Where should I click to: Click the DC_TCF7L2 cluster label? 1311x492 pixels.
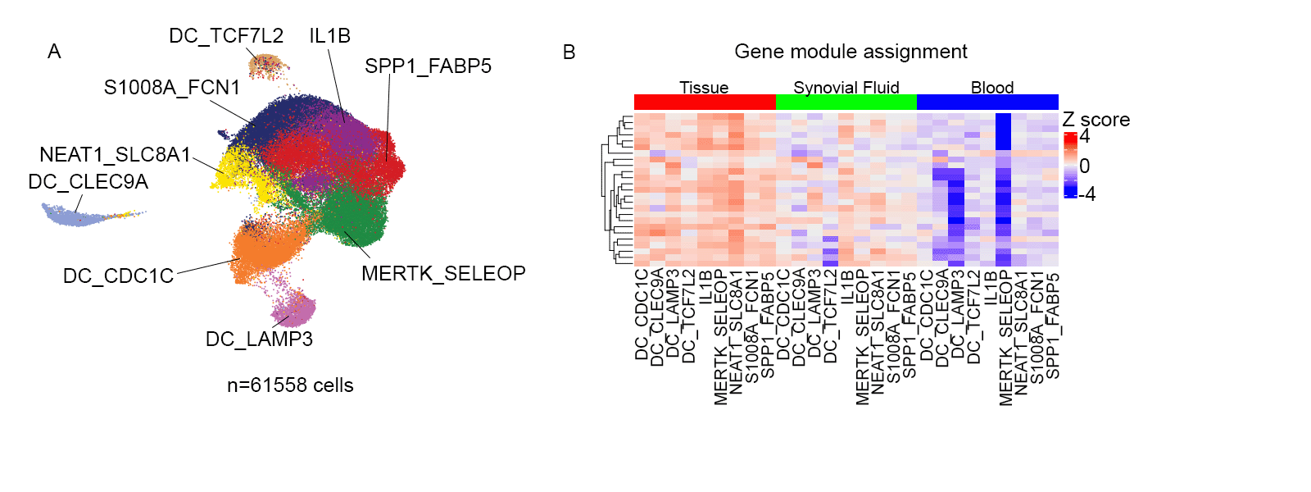click(x=226, y=36)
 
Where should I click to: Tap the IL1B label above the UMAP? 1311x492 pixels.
click(x=329, y=36)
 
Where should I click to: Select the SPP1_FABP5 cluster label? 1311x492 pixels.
click(x=428, y=66)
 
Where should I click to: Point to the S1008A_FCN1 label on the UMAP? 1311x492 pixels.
click(x=172, y=88)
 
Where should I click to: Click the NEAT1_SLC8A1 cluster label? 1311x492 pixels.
click(x=115, y=155)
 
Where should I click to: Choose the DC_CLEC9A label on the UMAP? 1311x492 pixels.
click(x=88, y=182)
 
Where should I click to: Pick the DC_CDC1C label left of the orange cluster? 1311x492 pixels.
click(x=118, y=276)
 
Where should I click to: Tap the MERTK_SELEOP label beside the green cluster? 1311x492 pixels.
click(x=443, y=274)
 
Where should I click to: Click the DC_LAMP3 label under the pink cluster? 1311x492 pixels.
click(x=259, y=339)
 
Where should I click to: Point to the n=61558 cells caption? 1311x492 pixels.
click(x=290, y=385)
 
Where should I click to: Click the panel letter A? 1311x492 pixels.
click(x=54, y=52)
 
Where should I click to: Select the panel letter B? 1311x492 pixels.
click(x=569, y=52)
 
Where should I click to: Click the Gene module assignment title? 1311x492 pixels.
click(x=851, y=52)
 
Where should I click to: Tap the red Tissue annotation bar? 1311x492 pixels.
click(x=705, y=102)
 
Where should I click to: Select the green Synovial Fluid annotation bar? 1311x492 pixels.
click(x=846, y=102)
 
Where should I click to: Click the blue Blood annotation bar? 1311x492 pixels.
click(x=987, y=102)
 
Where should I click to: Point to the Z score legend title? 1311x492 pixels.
click(x=1096, y=120)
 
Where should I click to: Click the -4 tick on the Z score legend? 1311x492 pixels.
click(x=1086, y=194)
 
